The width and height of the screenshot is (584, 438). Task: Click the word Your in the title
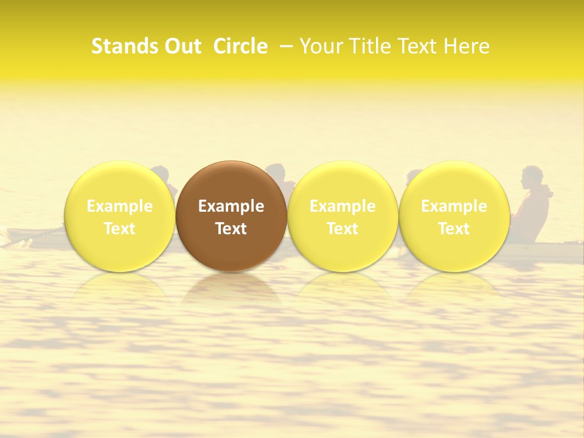tap(321, 46)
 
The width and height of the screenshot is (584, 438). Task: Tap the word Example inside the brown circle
tap(231, 206)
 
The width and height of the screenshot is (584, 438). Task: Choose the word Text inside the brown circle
tap(231, 229)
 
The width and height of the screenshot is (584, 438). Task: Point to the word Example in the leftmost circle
tap(120, 206)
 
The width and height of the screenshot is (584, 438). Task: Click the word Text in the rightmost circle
tap(454, 229)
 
